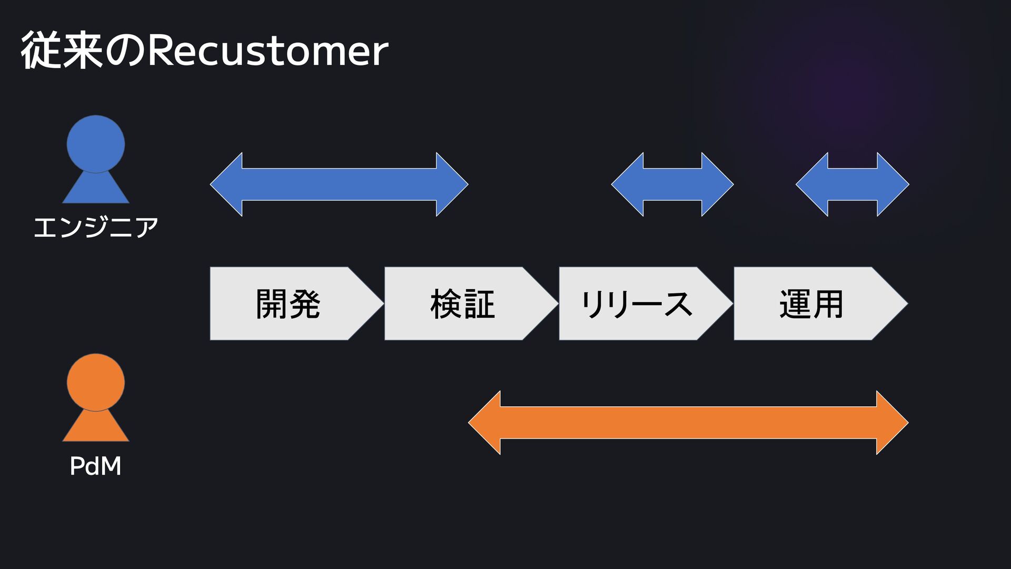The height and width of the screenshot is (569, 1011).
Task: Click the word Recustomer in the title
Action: pos(267,52)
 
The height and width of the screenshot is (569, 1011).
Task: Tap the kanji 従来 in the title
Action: pos(62,51)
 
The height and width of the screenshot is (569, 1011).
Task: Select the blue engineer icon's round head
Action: pos(96,143)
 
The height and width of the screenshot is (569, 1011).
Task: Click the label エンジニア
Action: pos(96,228)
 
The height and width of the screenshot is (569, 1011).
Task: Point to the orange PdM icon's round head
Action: pos(96,382)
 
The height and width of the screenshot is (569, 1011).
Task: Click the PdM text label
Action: pos(96,466)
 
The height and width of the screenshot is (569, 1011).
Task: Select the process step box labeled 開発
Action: pos(288,304)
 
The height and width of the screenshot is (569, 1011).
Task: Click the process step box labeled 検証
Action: pos(462,304)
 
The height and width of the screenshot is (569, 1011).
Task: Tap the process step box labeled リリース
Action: pos(636,304)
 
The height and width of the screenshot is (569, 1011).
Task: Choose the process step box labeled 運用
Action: pos(811,304)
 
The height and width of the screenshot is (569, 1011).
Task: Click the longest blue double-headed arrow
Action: pos(339,184)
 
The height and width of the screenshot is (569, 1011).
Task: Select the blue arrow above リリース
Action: pos(672,184)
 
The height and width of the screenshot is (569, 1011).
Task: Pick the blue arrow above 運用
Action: pos(853,184)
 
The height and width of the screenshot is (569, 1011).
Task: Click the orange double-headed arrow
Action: pos(688,423)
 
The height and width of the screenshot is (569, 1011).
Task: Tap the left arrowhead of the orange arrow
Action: pos(487,423)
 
